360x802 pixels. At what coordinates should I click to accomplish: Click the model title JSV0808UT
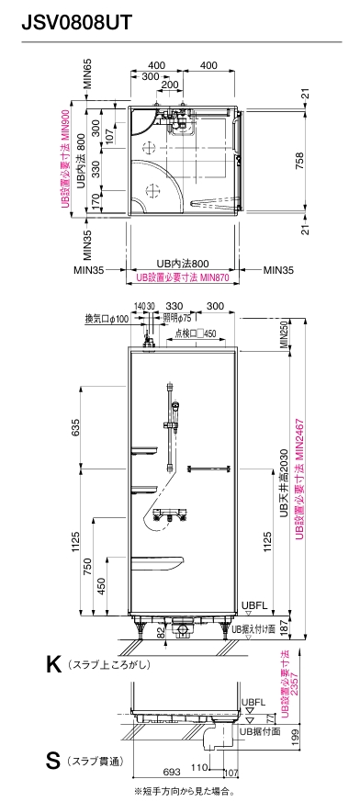pos(76,23)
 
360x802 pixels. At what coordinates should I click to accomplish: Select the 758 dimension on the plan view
pos(299,157)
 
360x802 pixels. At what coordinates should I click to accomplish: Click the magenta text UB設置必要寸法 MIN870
pos(182,277)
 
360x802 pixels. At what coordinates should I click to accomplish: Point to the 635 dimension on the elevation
pos(75,426)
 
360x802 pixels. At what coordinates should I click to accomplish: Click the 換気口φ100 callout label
pos(107,319)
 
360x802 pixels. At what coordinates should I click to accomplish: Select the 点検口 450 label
pos(196,334)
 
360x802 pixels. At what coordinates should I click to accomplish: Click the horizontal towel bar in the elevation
pos(208,469)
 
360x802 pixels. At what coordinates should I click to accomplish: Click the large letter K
pos(53,664)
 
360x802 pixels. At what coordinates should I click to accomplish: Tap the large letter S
pos(52,761)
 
